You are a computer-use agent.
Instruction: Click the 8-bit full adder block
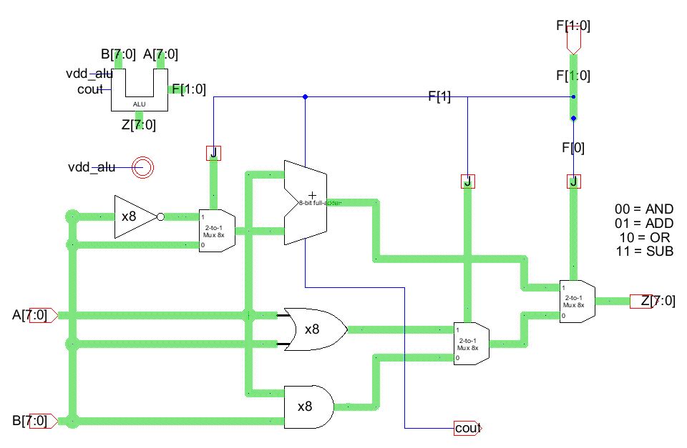(306, 202)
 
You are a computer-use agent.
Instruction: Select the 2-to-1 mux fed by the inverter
(216, 230)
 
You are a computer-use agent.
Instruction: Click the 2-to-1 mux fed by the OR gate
(471, 344)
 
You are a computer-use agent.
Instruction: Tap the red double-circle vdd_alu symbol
(142, 167)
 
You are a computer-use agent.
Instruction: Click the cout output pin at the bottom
(467, 428)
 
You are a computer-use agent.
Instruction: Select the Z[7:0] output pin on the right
(655, 301)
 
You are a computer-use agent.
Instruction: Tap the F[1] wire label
(439, 97)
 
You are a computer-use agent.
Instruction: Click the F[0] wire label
(572, 148)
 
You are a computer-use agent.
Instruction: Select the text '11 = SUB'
(644, 251)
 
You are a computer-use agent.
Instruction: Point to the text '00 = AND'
(644, 209)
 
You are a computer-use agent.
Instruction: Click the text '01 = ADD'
(644, 223)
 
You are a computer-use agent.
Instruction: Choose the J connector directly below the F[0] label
(572, 181)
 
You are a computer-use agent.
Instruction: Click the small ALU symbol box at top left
(140, 91)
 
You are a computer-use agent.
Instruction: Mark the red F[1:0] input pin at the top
(573, 41)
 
